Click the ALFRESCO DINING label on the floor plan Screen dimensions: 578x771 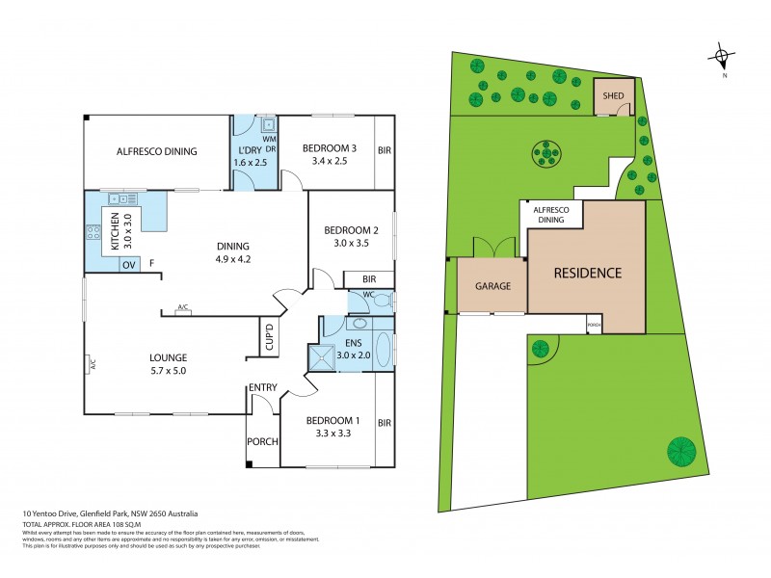pos(156,151)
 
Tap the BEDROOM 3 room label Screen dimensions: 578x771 pos(330,147)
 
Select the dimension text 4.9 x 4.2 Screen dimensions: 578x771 pos(232,258)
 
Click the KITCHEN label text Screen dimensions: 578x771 pos(114,231)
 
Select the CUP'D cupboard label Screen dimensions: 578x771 pos(270,336)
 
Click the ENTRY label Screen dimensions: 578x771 pos(263,387)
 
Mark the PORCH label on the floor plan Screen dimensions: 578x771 pos(263,442)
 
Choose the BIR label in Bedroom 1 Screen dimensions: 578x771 pos(385,423)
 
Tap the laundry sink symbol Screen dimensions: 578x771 pos(267,125)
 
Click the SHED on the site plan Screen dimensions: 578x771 pos(614,96)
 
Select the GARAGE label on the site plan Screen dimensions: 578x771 pos(492,286)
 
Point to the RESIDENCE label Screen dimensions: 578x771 pos(586,273)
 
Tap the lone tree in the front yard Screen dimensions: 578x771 pos(681,449)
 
